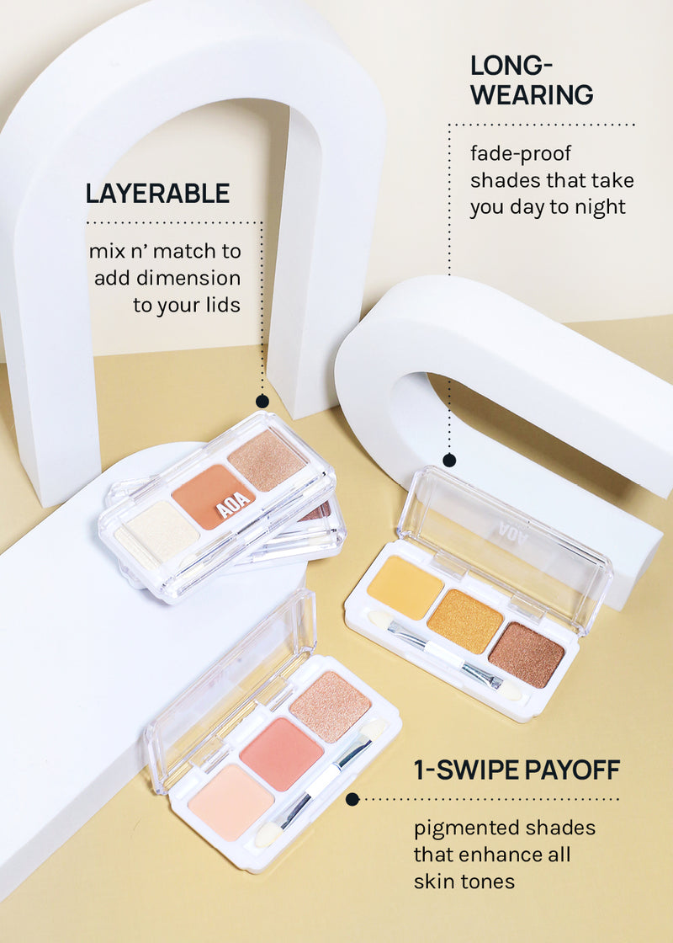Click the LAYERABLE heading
pos(157,194)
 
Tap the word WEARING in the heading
pos(532,95)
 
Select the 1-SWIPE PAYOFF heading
pos(517,770)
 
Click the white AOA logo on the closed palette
pos(233,504)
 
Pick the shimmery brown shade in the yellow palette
pos(527,655)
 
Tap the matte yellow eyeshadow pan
pos(405,587)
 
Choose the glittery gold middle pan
pos(465,621)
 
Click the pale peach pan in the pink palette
pos(231,802)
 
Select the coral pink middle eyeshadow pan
pos(282,754)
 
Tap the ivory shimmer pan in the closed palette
pos(157,534)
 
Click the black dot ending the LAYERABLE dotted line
pos(262,401)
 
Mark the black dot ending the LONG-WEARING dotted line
pos(449,460)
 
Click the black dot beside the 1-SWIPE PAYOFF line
pos(352,799)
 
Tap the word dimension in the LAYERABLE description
pos(188,278)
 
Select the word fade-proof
pos(521,154)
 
